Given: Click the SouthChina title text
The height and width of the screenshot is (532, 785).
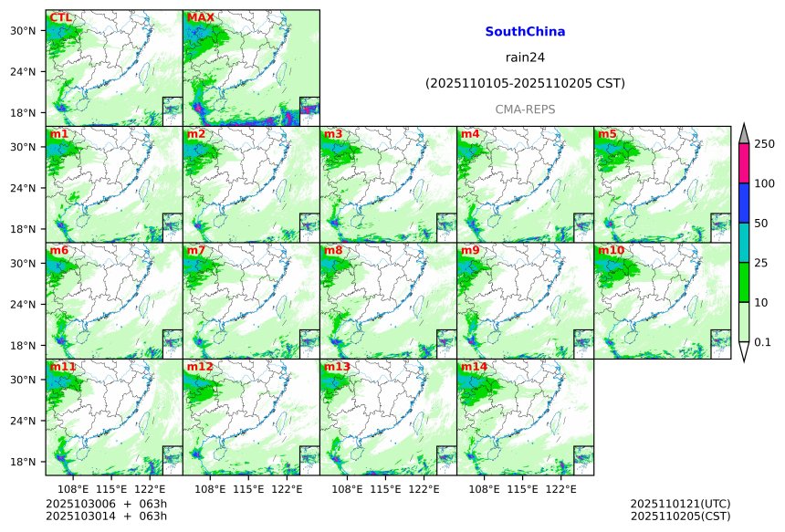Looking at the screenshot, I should point(525,32).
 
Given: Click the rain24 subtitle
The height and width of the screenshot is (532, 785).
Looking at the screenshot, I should point(525,57).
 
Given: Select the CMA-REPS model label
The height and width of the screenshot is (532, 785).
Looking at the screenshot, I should point(525,110).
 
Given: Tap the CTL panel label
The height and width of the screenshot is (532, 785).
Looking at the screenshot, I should point(61,17).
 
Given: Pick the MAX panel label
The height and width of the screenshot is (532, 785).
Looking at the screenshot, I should point(201,17).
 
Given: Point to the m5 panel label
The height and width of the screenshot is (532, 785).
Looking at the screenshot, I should point(607,134).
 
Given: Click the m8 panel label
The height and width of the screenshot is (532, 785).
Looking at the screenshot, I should point(333,250).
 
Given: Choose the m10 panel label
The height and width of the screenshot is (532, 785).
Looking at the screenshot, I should point(611,250).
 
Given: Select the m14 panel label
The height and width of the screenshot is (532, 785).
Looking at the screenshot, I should point(473,367).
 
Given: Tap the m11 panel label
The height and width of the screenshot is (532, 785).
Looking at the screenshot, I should point(63,367).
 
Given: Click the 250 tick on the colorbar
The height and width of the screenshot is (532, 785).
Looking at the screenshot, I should point(764,144).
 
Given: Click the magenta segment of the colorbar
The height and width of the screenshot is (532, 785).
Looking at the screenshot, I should point(743,163).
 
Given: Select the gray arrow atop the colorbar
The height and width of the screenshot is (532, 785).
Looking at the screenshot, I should point(743,134).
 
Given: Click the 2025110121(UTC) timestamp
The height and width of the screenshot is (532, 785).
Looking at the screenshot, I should point(680,504).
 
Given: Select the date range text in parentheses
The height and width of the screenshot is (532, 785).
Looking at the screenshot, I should point(525,84).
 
